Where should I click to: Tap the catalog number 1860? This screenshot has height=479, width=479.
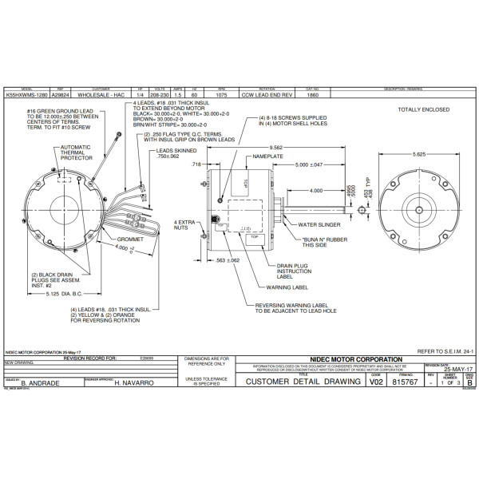[312, 95]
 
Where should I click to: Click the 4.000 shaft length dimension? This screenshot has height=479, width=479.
[317, 191]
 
